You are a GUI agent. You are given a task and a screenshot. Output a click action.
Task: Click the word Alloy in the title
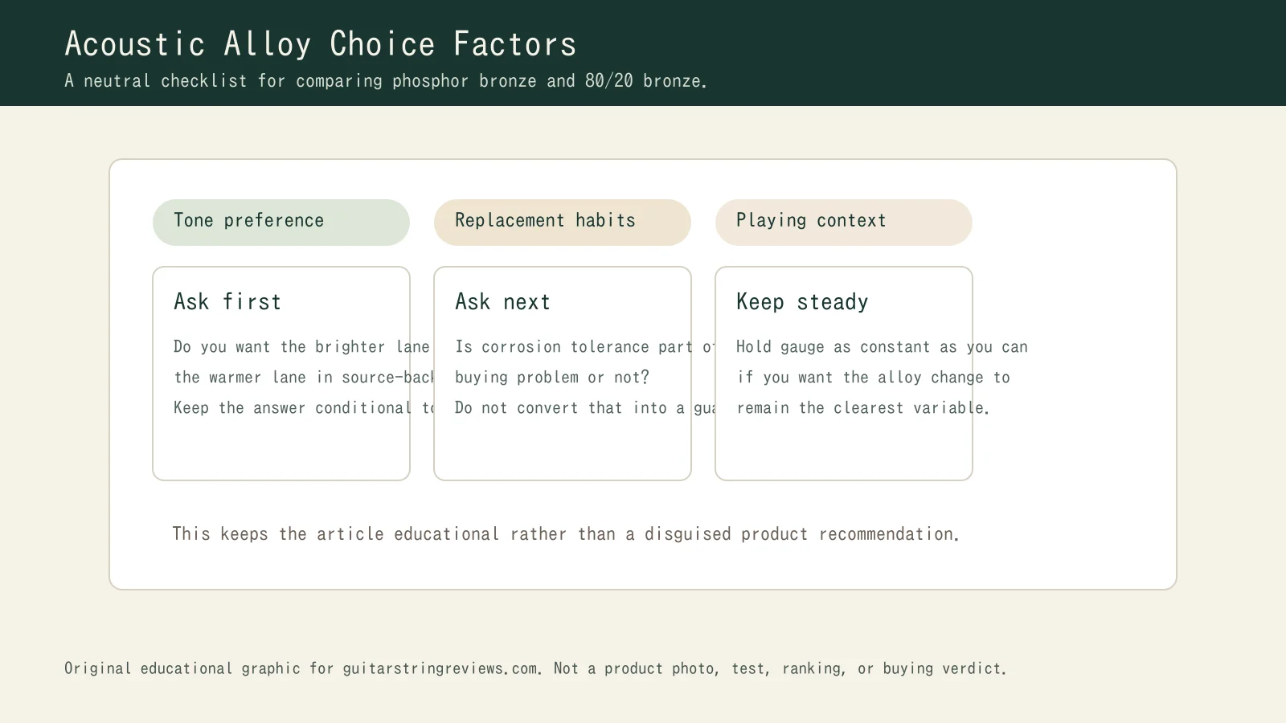267,44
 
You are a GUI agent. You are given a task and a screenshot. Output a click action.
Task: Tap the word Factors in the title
514,44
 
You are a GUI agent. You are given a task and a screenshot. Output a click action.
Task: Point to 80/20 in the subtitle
608,81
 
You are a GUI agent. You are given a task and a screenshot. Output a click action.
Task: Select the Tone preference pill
281,222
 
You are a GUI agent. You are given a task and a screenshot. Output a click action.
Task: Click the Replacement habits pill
562,222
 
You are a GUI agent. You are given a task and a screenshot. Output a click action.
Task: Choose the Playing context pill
843,222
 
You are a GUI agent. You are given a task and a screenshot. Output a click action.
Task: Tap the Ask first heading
227,302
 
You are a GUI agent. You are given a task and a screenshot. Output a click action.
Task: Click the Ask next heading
502,302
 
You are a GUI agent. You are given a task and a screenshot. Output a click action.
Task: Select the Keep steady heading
802,302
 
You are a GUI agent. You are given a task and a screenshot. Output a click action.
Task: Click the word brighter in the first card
350,347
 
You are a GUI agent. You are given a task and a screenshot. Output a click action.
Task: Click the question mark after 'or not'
645,378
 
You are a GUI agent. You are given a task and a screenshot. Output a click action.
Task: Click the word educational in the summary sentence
446,534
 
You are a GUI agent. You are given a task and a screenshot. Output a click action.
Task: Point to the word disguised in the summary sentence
687,534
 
